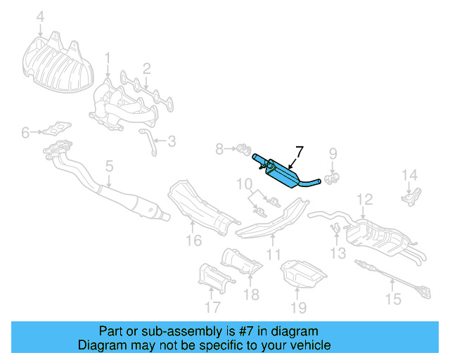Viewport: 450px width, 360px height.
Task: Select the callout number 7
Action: (x=300, y=151)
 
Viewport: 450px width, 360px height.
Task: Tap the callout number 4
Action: (x=40, y=16)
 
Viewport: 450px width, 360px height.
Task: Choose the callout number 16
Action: (x=194, y=242)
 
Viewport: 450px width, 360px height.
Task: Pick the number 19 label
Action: (x=299, y=307)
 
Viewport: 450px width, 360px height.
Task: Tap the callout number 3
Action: (x=171, y=141)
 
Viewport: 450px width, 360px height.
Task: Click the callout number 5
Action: (x=109, y=167)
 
